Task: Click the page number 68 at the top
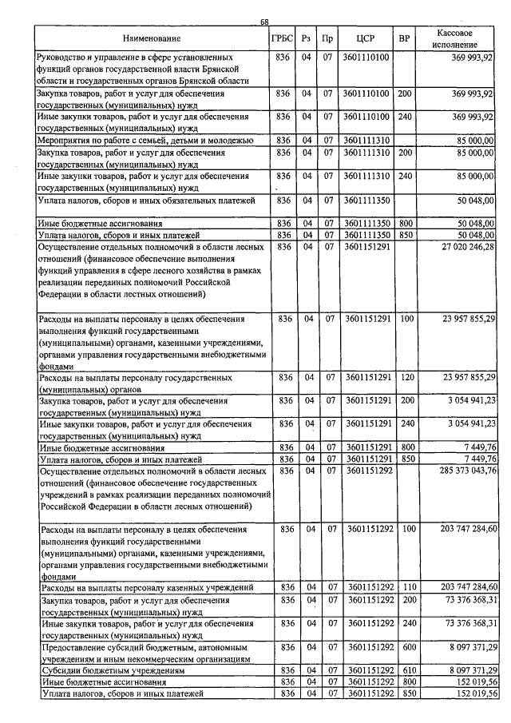coord(264,22)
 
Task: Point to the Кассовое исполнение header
coord(457,38)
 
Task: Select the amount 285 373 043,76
coord(458,471)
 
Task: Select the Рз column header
coord(307,38)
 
